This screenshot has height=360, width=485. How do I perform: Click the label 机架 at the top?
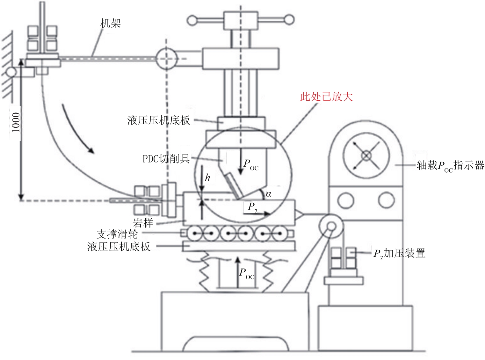111,23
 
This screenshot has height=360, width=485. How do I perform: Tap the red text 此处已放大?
327,97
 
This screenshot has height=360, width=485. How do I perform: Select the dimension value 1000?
16,122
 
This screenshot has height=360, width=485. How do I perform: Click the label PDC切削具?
166,159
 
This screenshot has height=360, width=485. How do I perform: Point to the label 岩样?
143,223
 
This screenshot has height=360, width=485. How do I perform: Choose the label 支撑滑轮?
117,234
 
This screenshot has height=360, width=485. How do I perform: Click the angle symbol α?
269,194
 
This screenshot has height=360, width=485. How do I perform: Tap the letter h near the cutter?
207,177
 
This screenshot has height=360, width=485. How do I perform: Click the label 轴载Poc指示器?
451,166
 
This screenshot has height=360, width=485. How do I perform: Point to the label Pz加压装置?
399,254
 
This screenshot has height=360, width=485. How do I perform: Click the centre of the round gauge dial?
366,156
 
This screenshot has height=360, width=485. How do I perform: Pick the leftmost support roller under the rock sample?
194,234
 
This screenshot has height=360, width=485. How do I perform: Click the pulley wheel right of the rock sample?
331,226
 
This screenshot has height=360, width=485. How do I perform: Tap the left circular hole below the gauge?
346,200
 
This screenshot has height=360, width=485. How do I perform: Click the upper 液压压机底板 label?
159,120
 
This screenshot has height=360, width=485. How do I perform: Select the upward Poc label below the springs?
247,274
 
